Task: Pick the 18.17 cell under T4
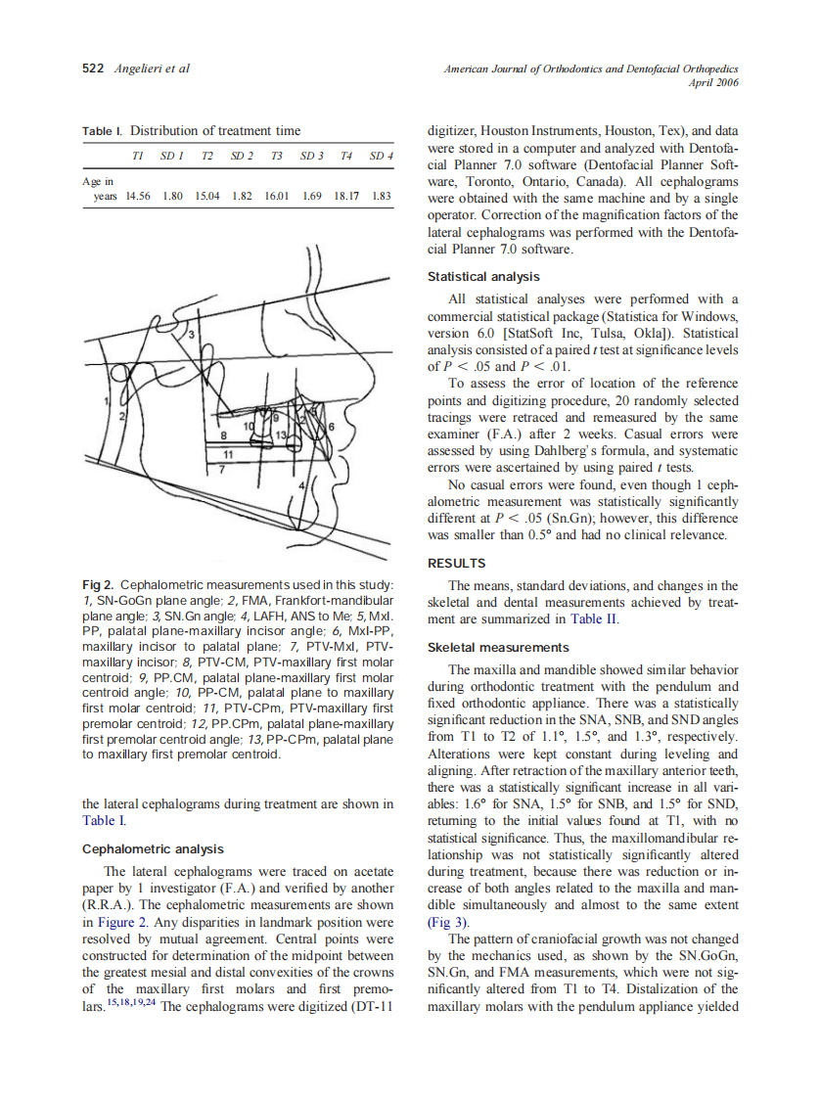(x=346, y=196)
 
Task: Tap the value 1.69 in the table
(x=312, y=196)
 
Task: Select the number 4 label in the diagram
(x=300, y=485)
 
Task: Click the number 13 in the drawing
(x=282, y=434)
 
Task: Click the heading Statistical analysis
(x=483, y=277)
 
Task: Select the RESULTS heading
(x=456, y=563)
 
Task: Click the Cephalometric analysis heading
(x=153, y=848)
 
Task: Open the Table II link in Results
(x=596, y=618)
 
